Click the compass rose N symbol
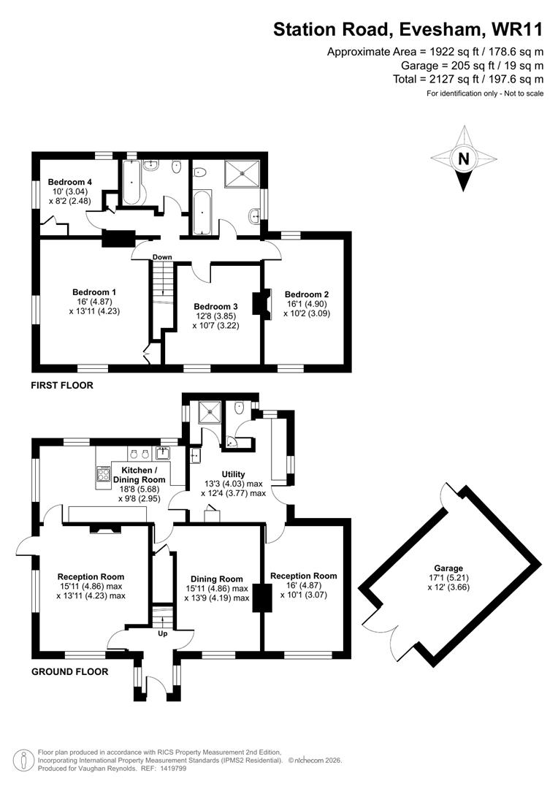click(x=463, y=159)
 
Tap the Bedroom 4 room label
click(x=68, y=182)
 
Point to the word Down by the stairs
click(x=162, y=257)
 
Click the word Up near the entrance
click(x=161, y=633)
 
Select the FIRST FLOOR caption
click(x=61, y=385)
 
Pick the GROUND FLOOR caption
click(x=69, y=671)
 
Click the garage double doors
click(x=383, y=637)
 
